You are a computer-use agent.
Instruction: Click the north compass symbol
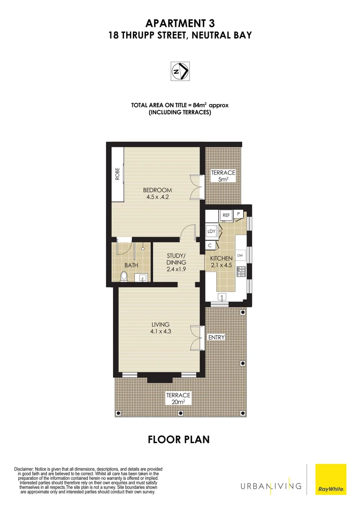[x=180, y=71]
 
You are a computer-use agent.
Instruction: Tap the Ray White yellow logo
[x=331, y=479]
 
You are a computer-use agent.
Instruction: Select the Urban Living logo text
[x=271, y=485]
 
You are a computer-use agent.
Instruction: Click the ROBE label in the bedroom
[x=118, y=174]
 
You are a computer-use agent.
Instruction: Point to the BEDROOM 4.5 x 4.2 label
[x=158, y=193]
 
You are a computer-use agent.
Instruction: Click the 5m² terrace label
[x=223, y=176]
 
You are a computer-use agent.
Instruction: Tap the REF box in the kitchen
[x=226, y=215]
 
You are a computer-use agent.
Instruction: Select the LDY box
[x=211, y=231]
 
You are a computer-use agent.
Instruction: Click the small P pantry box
[x=238, y=214]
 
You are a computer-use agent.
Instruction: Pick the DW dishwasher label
[x=240, y=255]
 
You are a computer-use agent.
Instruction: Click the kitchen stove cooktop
[x=241, y=272]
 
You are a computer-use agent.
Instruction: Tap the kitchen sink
[x=222, y=297]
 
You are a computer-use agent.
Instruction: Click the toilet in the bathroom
[x=123, y=277]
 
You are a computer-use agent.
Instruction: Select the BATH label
[x=131, y=265]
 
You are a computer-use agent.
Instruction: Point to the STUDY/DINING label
[x=176, y=262]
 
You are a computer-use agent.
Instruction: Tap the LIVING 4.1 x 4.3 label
[x=160, y=328]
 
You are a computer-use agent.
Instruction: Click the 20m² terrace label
[x=178, y=399]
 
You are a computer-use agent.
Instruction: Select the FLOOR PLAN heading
[x=178, y=439]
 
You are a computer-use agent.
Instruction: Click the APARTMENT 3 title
[x=180, y=23]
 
